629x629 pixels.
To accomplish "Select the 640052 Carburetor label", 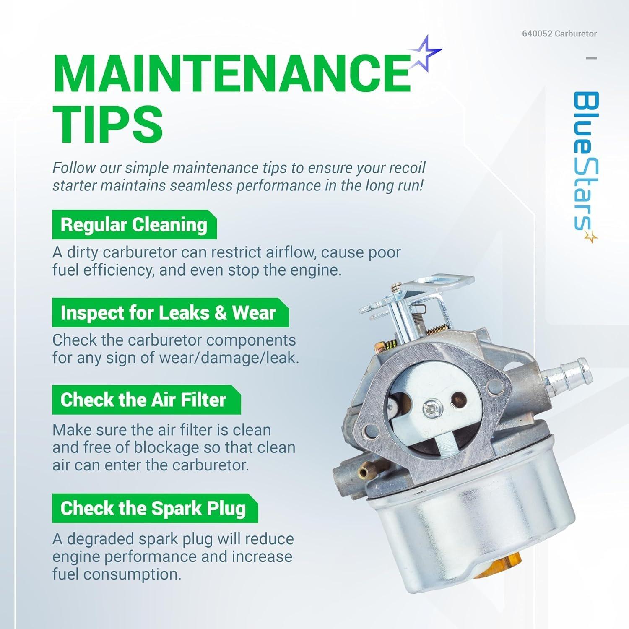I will pos(559,34).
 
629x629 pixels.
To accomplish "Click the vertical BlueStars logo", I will pos(585,161).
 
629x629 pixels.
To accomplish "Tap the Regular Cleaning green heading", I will pos(134,225).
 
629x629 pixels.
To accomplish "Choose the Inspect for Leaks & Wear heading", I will pos(168,313).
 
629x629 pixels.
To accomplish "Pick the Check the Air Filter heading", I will pos(143,400).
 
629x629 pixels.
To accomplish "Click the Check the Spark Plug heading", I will pos(153,508).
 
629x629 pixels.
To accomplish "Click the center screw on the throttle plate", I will pos(431,410).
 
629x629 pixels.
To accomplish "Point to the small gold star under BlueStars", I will pos(591,238).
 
